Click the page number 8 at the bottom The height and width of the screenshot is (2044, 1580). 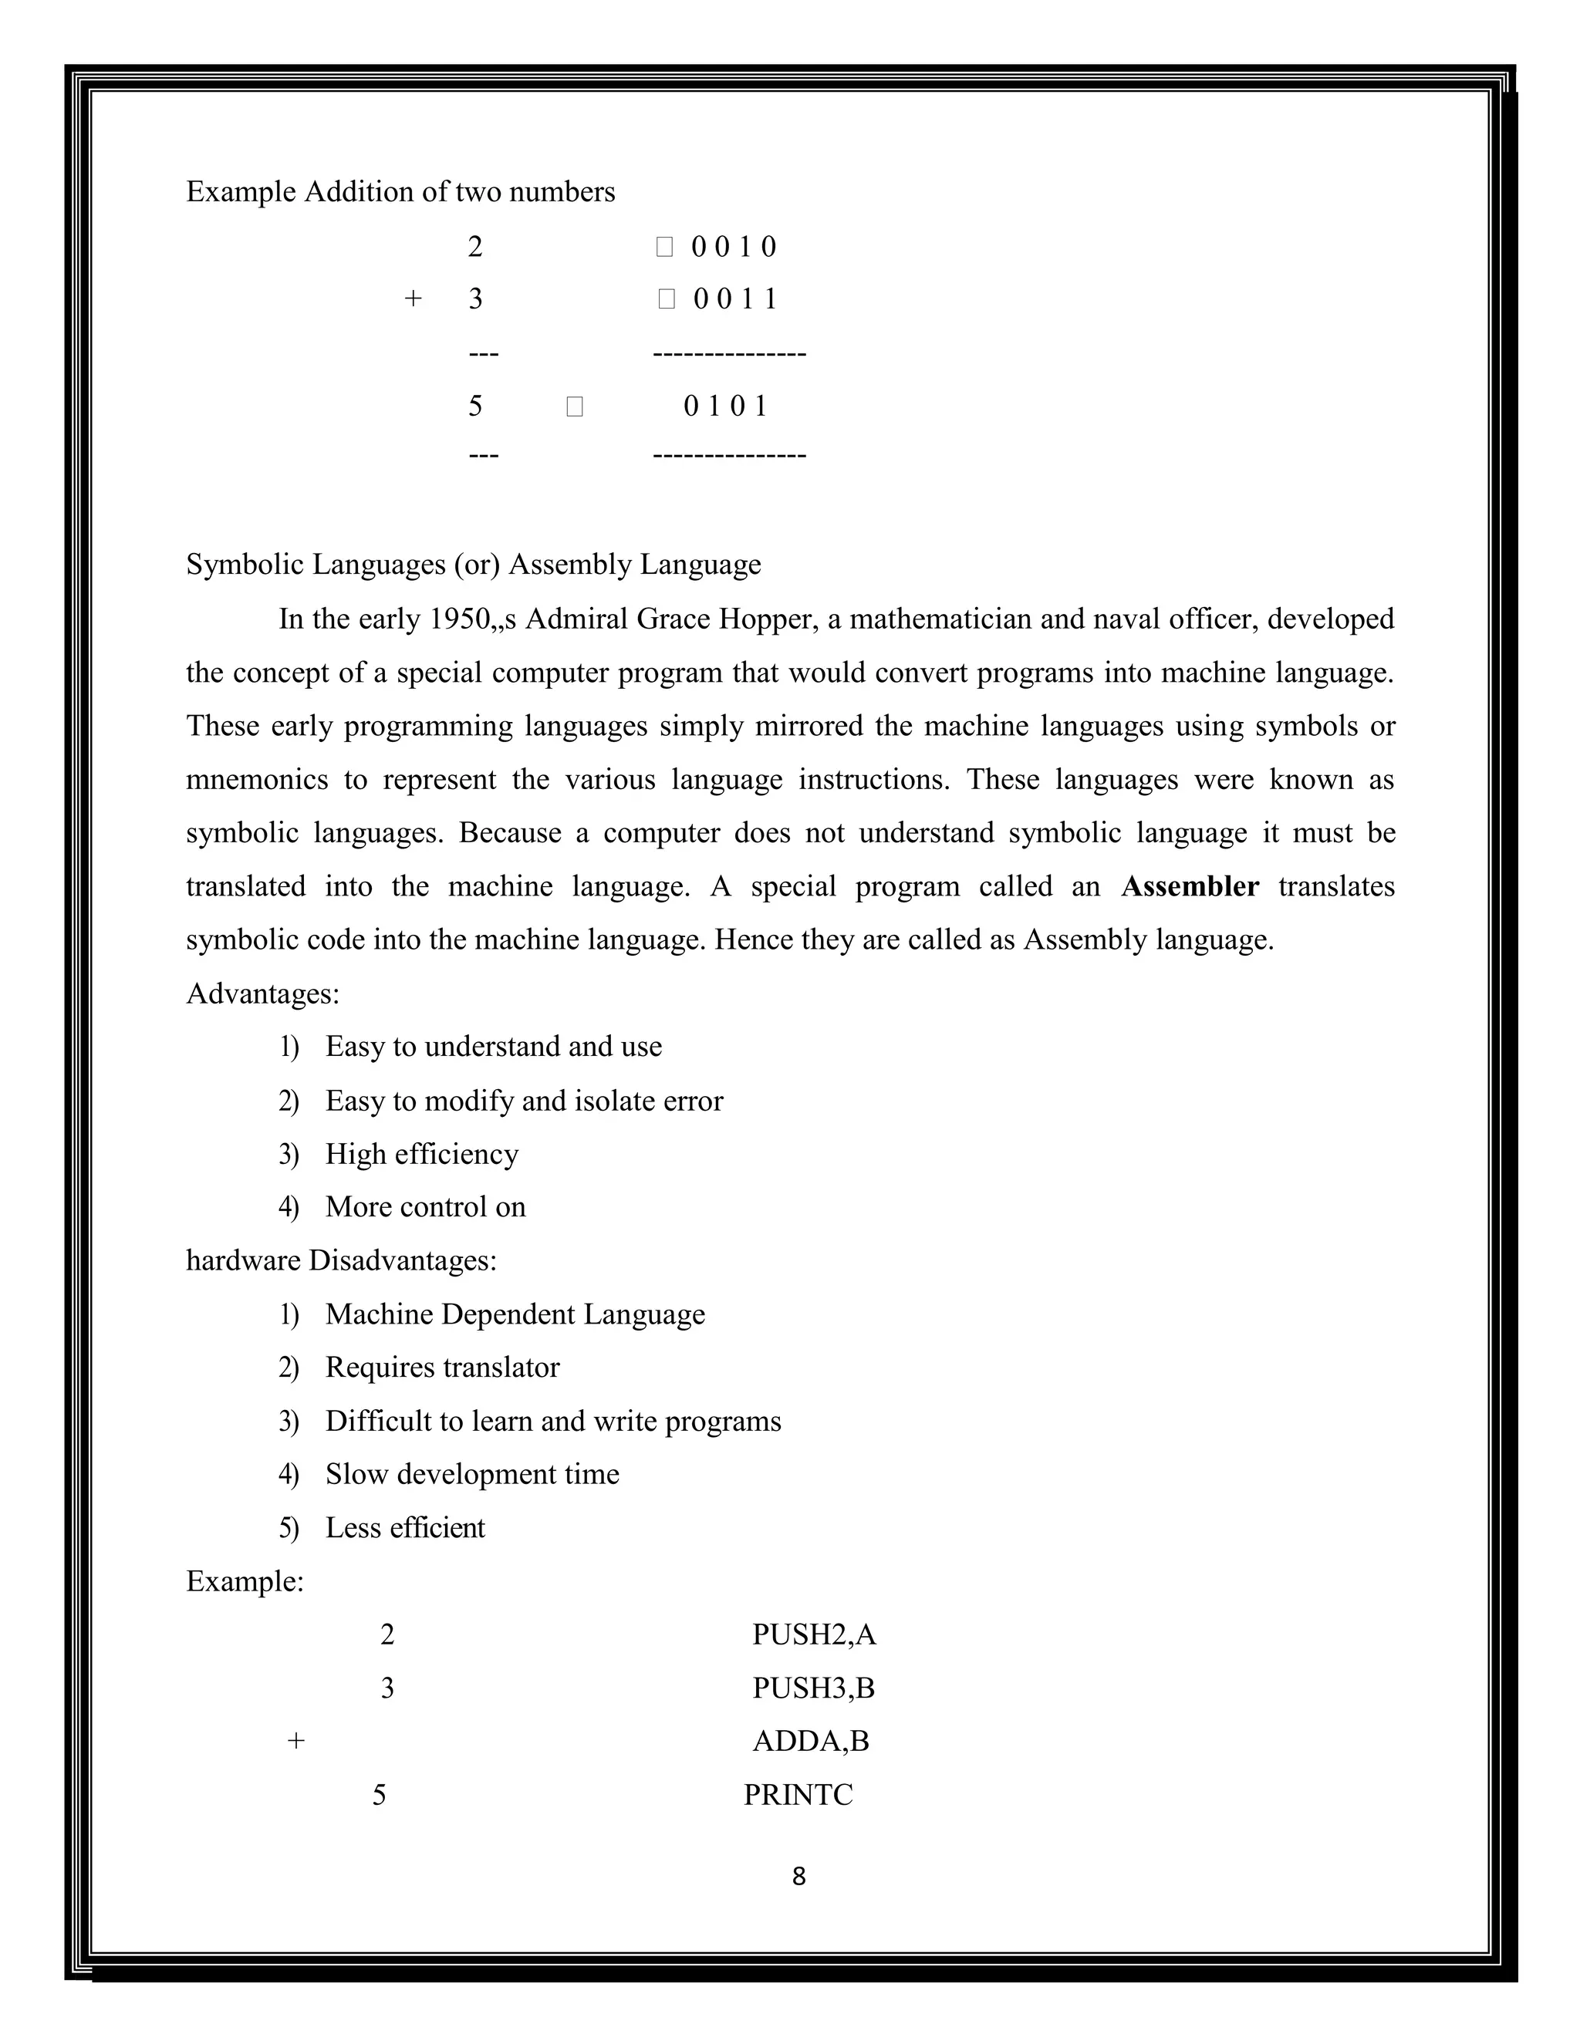tap(798, 1877)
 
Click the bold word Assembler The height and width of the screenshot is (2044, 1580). tap(1190, 886)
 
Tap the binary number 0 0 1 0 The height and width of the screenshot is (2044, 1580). tap(733, 247)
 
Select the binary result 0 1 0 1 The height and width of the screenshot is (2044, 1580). tap(725, 406)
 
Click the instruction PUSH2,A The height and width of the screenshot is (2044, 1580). tap(813, 1634)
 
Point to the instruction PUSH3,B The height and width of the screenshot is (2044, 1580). tap(812, 1688)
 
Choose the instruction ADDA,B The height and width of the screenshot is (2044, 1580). tap(811, 1741)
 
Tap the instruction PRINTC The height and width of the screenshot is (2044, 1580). tap(798, 1794)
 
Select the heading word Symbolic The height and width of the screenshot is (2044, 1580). tap(245, 565)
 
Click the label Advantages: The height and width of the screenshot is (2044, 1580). tap(262, 993)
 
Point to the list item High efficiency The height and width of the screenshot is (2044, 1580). tap(421, 1154)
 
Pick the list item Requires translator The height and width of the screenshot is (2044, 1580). tap(442, 1368)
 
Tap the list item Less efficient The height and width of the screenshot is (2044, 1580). tap(404, 1527)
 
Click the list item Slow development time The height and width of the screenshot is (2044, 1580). tap(471, 1474)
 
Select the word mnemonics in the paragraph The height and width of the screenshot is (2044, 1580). tap(256, 780)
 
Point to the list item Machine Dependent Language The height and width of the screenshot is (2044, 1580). tap(514, 1314)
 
